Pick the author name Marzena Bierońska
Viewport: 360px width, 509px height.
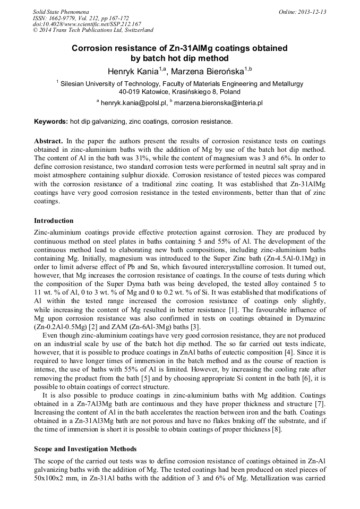tap(207, 71)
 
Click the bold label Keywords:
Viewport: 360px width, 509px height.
tap(51, 122)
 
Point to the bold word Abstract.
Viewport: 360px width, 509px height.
tap(49, 142)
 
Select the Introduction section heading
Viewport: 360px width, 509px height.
tap(54, 221)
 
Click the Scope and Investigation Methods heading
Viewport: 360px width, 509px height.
tap(85, 448)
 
